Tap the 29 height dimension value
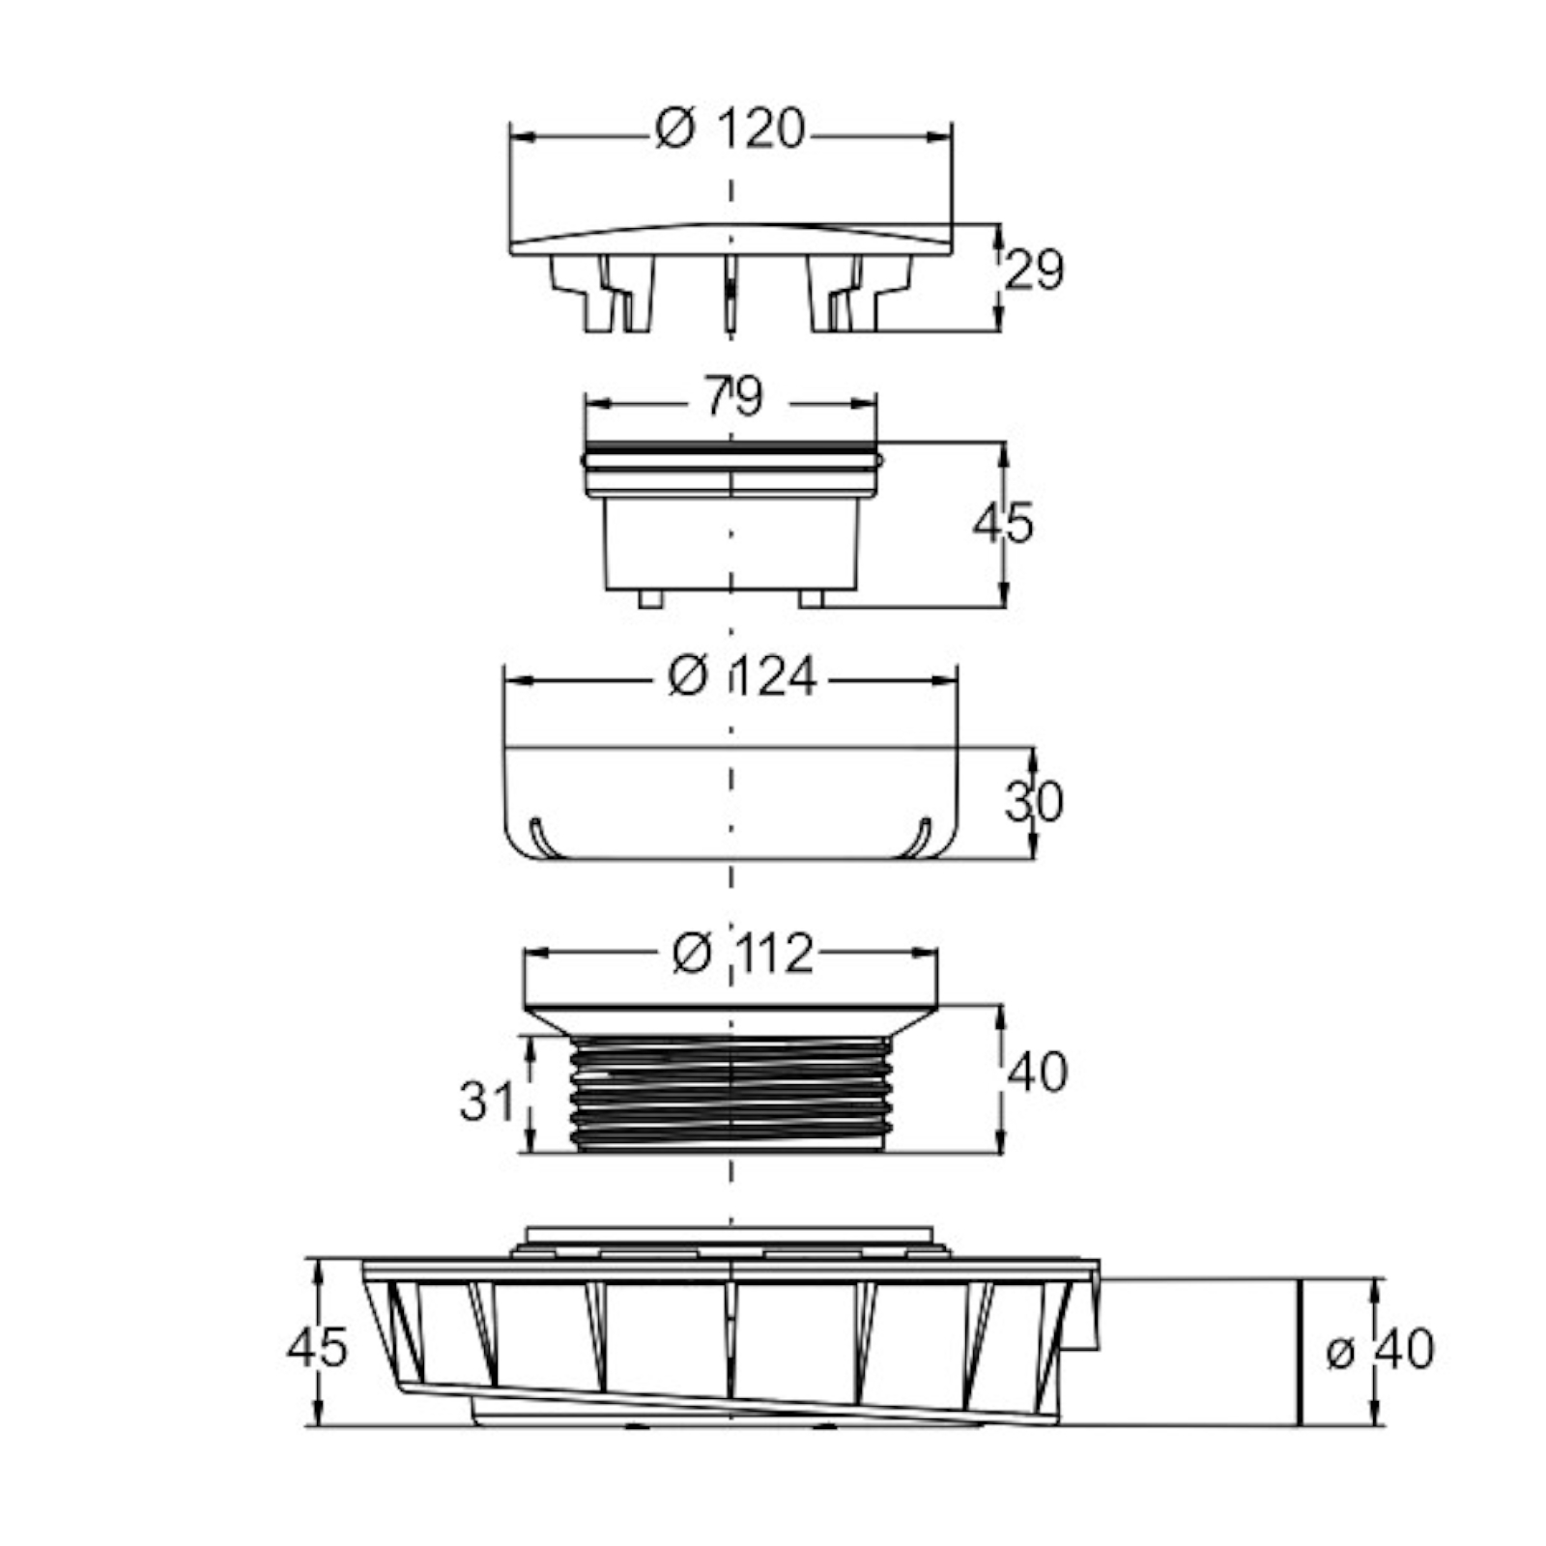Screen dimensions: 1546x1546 pyautogui.click(x=1034, y=270)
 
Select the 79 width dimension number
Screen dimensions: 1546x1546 pyautogui.click(x=733, y=395)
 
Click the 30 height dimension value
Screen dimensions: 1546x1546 pyautogui.click(x=1034, y=801)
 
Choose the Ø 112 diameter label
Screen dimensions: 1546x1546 pyautogui.click(x=742, y=955)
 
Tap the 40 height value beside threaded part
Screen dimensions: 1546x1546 pyautogui.click(x=1038, y=1073)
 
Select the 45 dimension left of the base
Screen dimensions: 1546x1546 pyautogui.click(x=317, y=1346)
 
